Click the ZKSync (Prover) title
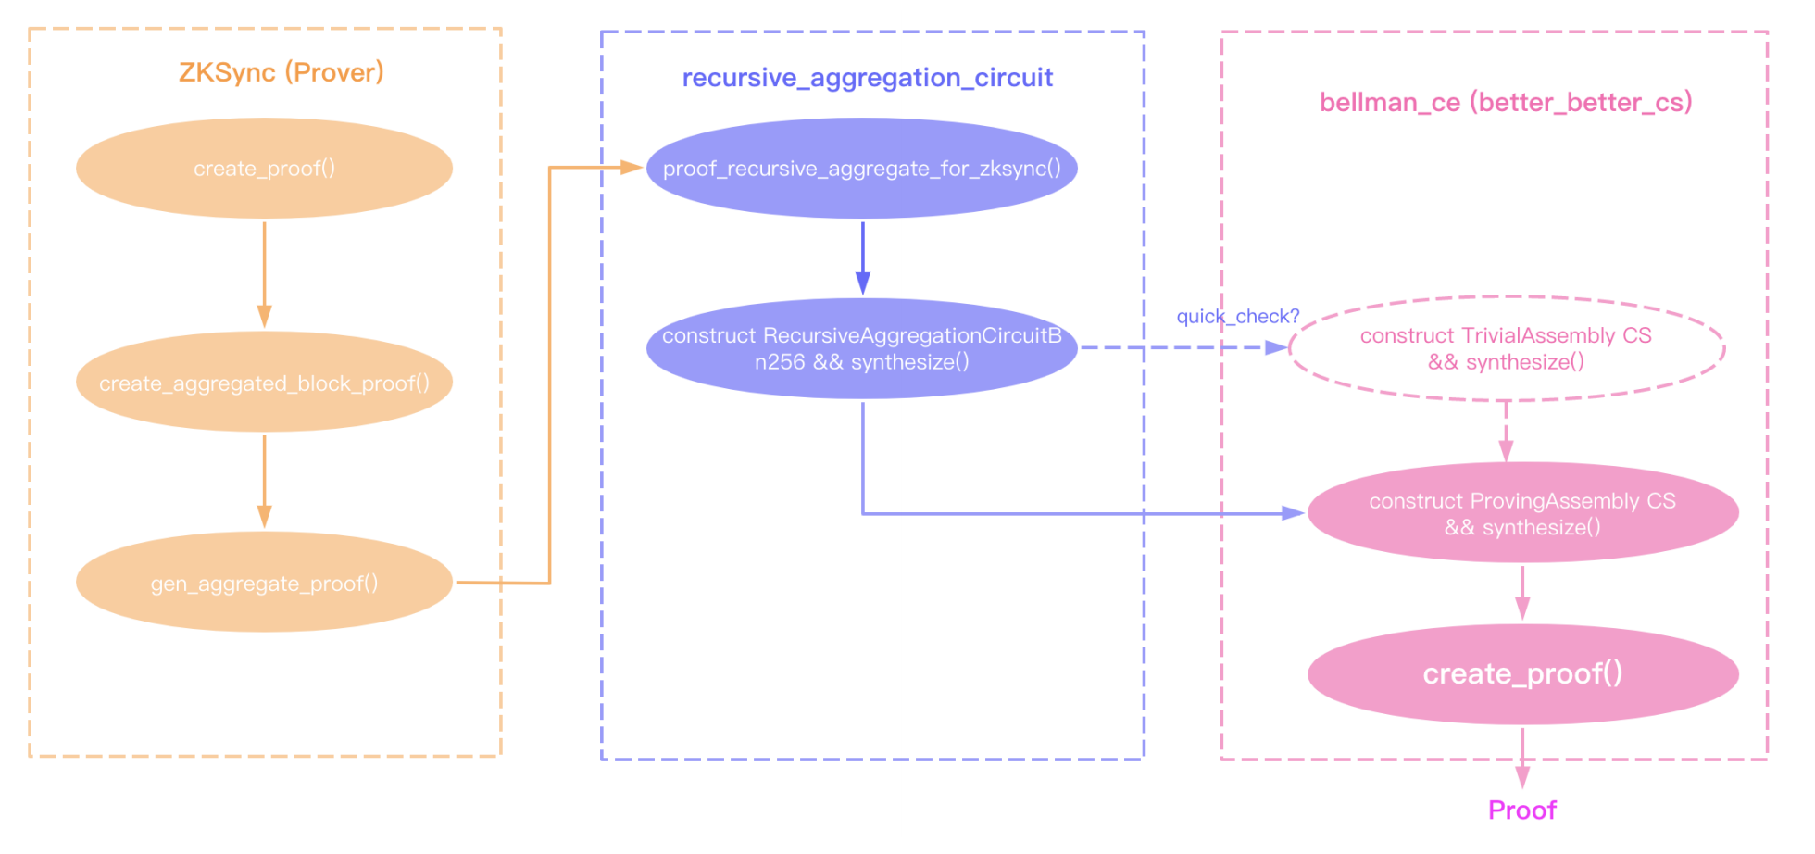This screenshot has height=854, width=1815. (x=281, y=72)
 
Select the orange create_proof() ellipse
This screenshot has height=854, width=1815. (x=264, y=169)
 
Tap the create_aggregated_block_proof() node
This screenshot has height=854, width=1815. (x=264, y=383)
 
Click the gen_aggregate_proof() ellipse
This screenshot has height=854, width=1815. (x=264, y=583)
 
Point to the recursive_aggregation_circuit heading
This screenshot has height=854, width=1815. (x=867, y=78)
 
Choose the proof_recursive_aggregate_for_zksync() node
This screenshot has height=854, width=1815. (x=861, y=169)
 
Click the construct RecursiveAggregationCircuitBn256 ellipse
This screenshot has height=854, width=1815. (x=861, y=348)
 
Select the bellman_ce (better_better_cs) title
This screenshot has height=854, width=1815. (x=1505, y=102)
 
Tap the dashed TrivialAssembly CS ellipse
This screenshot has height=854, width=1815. (x=1506, y=348)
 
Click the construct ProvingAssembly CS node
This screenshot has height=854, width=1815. (x=1522, y=513)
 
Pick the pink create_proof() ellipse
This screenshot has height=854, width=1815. (x=1522, y=673)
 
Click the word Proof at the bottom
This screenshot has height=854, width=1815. (x=1521, y=810)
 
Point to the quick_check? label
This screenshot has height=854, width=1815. (x=1237, y=317)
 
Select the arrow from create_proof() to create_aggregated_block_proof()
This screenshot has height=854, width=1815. (x=264, y=273)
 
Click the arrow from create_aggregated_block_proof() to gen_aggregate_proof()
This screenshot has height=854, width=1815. (x=264, y=480)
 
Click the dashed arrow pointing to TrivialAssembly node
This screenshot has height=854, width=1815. (x=1185, y=348)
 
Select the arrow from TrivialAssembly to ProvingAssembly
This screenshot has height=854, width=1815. (x=1506, y=432)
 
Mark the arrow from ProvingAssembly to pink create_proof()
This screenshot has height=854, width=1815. (x=1522, y=593)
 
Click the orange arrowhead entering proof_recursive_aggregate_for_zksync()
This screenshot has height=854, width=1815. (x=632, y=168)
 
